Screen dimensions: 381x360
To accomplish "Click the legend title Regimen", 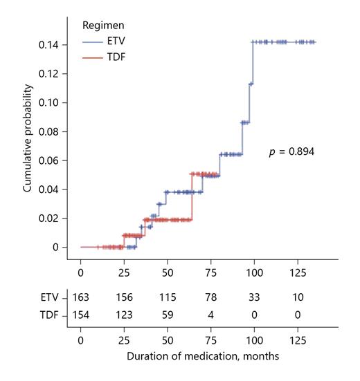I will [102, 24].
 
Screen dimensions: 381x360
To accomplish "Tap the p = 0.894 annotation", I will [292, 151].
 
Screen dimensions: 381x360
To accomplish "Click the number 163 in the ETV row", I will [82, 297].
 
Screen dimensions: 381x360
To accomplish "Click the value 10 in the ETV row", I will [296, 297].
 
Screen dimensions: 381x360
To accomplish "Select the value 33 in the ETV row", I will [253, 297].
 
